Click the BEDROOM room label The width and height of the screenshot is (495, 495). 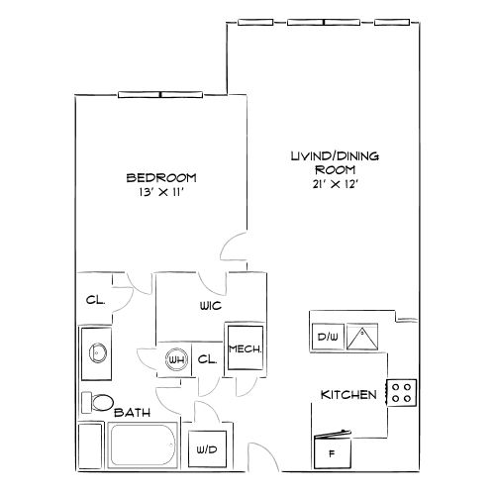pyautogui.click(x=161, y=178)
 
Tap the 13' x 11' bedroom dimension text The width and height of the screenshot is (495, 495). pyautogui.click(x=161, y=192)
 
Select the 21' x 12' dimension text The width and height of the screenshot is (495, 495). pyautogui.click(x=336, y=184)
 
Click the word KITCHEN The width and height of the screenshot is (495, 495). pyautogui.click(x=348, y=395)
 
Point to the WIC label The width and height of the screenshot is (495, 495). pyautogui.click(x=211, y=306)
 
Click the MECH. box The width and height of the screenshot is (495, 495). pyautogui.click(x=246, y=347)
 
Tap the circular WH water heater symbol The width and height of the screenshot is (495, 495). pyautogui.click(x=176, y=359)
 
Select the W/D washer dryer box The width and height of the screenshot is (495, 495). pyautogui.click(x=207, y=449)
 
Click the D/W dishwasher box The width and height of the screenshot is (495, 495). pyautogui.click(x=328, y=337)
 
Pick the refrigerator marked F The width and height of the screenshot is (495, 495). pyautogui.click(x=332, y=451)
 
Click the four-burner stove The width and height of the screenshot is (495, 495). pyautogui.click(x=401, y=393)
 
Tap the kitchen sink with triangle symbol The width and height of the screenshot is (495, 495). pyautogui.click(x=362, y=337)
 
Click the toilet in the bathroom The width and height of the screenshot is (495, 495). pyautogui.click(x=97, y=402)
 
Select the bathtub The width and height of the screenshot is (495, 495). pyautogui.click(x=143, y=445)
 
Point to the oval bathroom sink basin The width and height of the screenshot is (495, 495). pyautogui.click(x=98, y=352)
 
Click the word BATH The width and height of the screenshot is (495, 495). pyautogui.click(x=132, y=413)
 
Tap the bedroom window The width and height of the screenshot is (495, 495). pyautogui.click(x=160, y=95)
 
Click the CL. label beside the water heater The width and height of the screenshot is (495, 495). pyautogui.click(x=207, y=359)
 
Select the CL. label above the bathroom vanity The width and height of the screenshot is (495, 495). pyautogui.click(x=95, y=300)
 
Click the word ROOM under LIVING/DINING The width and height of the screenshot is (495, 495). pyautogui.click(x=335, y=170)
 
